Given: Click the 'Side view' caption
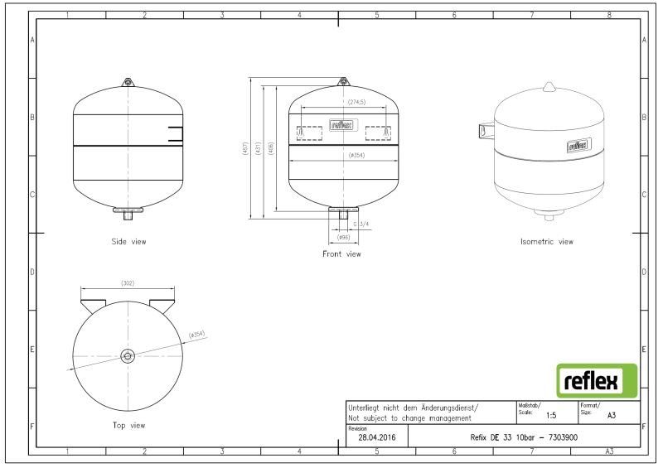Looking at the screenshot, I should click(x=128, y=242).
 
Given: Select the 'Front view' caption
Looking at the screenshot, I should click(x=341, y=253).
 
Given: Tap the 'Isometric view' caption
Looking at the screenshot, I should click(x=546, y=242).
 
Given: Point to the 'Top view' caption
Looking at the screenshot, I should click(x=128, y=425).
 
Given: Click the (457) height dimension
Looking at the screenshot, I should click(x=245, y=149).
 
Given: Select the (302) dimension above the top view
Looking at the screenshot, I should click(x=128, y=283).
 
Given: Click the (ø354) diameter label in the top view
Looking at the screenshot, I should click(x=196, y=335).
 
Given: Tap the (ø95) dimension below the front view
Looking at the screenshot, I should click(x=342, y=238).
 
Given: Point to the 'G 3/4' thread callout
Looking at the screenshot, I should click(x=361, y=224).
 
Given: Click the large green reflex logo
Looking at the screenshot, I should click(x=596, y=381).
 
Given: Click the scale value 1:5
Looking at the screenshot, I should click(x=551, y=417).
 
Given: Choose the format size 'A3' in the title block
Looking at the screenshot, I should click(x=612, y=417).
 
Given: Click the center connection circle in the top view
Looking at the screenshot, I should click(x=127, y=356).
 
